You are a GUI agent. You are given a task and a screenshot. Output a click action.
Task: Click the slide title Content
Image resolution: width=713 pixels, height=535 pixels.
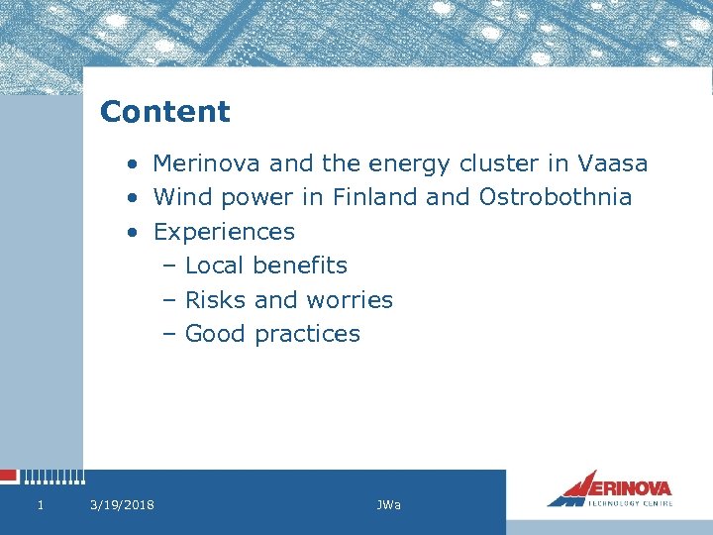pyautogui.click(x=164, y=112)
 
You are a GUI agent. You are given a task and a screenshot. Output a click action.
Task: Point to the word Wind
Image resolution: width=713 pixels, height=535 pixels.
pyautogui.click(x=182, y=197)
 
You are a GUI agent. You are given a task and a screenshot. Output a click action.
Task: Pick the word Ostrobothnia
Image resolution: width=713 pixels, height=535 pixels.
pyautogui.click(x=555, y=197)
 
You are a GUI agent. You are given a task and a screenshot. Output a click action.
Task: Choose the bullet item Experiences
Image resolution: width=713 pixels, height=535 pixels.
pyautogui.click(x=224, y=232)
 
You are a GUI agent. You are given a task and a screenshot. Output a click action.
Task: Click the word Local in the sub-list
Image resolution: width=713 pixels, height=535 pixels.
pyautogui.click(x=215, y=266)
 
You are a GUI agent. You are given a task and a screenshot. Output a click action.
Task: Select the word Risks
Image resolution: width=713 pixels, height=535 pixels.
pyautogui.click(x=216, y=299)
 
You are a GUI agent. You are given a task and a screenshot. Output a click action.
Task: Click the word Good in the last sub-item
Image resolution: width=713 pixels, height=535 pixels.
pyautogui.click(x=216, y=334)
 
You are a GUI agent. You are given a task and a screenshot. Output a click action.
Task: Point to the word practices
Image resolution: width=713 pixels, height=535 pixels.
pyautogui.click(x=307, y=334)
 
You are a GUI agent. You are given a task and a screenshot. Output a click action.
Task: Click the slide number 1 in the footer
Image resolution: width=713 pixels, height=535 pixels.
pyautogui.click(x=40, y=505)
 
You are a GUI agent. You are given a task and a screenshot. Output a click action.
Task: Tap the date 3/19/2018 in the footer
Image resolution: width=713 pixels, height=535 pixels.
pyautogui.click(x=122, y=505)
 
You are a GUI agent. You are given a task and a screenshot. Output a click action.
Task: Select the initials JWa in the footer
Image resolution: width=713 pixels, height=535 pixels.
pyautogui.click(x=388, y=505)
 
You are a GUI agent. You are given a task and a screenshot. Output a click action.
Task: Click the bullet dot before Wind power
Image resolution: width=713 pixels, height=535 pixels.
pyautogui.click(x=132, y=198)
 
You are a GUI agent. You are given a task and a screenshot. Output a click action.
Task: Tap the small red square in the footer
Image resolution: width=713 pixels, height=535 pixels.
pyautogui.click(x=9, y=477)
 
